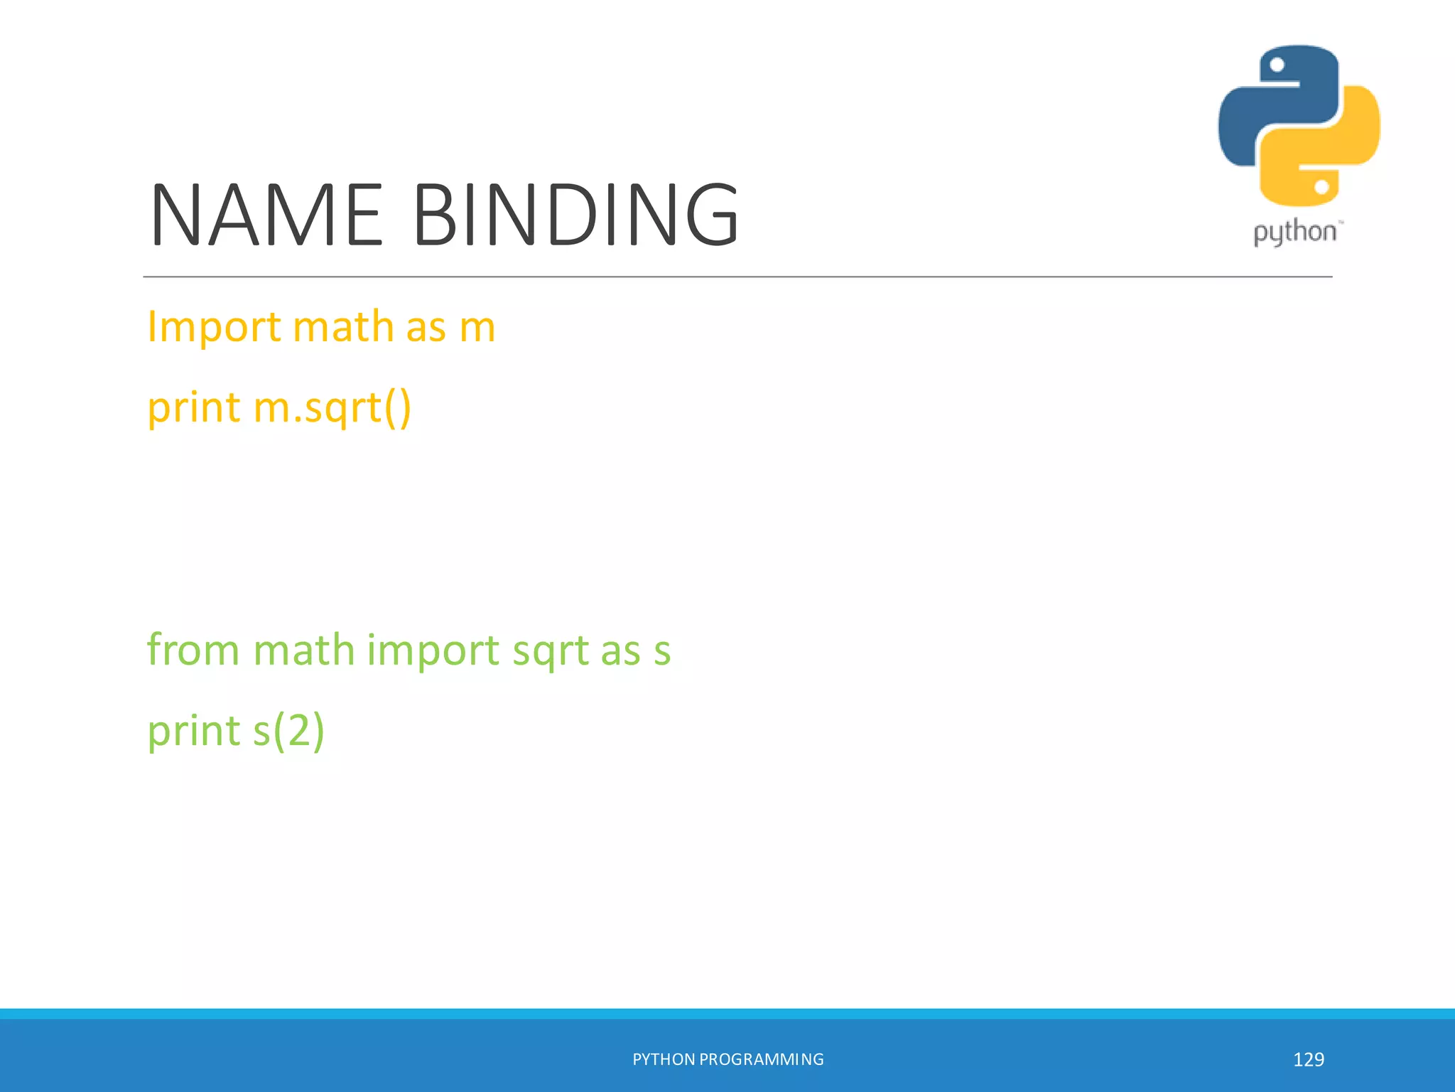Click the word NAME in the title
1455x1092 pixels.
(266, 215)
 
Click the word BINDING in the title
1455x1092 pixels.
(576, 215)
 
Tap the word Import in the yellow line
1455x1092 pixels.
(214, 328)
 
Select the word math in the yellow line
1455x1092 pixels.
(343, 327)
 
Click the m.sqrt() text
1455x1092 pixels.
(332, 409)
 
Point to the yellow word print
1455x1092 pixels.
(193, 409)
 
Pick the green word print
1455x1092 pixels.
(193, 732)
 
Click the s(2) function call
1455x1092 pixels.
(288, 732)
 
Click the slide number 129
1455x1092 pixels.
(1308, 1059)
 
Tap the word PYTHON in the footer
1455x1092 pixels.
(664, 1059)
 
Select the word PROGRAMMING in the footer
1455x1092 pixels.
(762, 1059)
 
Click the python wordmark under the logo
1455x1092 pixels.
(1294, 232)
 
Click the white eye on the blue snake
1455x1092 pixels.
(1277, 65)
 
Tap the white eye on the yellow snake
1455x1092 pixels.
(1321, 187)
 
